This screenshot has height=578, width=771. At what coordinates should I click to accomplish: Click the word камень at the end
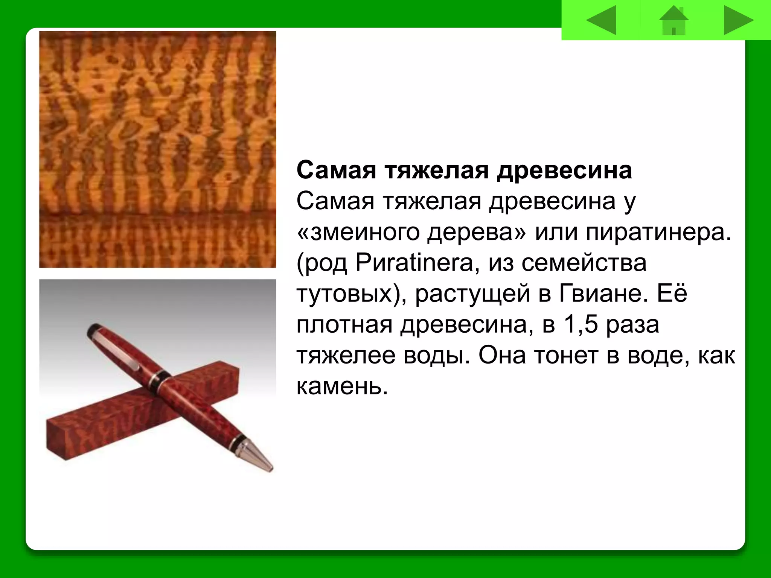[342, 386]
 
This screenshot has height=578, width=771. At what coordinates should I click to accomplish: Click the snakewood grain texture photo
[157, 149]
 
